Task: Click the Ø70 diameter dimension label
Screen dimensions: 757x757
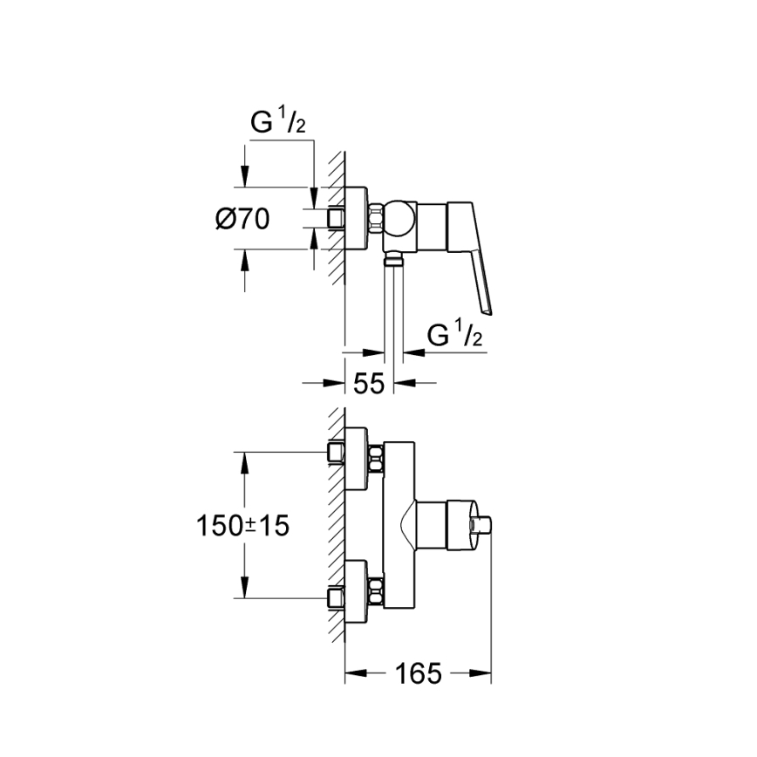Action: point(242,220)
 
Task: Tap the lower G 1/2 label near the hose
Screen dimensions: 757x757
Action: point(456,335)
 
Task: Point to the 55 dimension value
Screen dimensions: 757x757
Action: point(370,384)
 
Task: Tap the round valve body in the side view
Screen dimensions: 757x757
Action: point(399,219)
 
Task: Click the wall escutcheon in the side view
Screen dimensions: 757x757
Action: point(358,219)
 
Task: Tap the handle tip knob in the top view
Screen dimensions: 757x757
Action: point(484,525)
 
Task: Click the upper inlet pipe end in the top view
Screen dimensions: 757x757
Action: point(335,453)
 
